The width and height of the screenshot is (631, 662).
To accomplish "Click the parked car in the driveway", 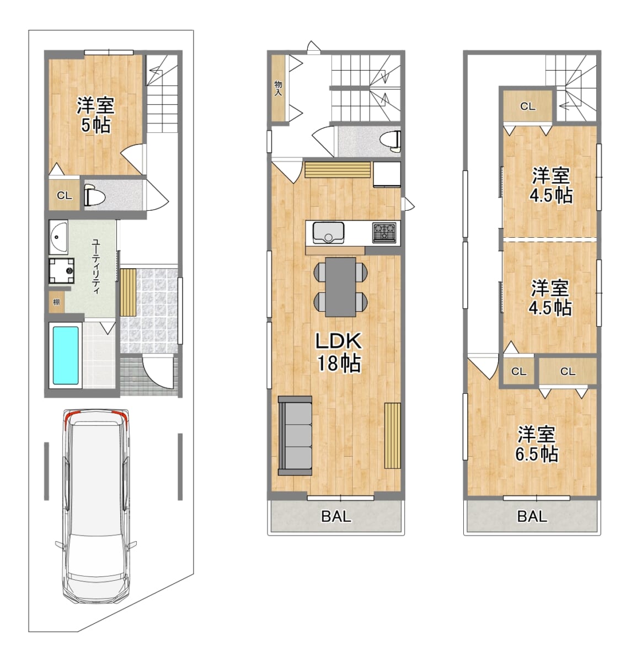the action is pyautogui.click(x=96, y=508).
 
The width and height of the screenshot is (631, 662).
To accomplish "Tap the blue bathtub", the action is pyautogui.click(x=66, y=355).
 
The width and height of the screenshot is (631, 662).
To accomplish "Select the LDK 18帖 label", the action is pyautogui.click(x=339, y=352).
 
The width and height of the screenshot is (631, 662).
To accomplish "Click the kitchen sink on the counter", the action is pyautogui.click(x=328, y=232).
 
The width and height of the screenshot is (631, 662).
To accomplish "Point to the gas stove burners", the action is pyautogui.click(x=384, y=233).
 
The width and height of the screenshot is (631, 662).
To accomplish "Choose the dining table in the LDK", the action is pyautogui.click(x=340, y=287).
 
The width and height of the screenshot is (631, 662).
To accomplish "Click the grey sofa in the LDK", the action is pyautogui.click(x=295, y=436).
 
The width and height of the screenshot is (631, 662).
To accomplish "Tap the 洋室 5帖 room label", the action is pyautogui.click(x=95, y=115).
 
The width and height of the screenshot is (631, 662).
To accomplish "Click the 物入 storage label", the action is pyautogui.click(x=278, y=88).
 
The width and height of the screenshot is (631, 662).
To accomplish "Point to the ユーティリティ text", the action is pyautogui.click(x=96, y=266).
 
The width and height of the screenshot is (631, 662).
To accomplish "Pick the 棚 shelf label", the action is pyautogui.click(x=56, y=302).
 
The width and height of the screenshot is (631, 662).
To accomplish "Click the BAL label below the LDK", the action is pyautogui.click(x=336, y=516).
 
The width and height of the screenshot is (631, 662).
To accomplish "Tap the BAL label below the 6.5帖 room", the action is pyautogui.click(x=532, y=516).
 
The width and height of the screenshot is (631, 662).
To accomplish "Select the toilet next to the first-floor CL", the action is pyautogui.click(x=94, y=195).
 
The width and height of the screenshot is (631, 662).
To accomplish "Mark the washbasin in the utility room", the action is pyautogui.click(x=58, y=237).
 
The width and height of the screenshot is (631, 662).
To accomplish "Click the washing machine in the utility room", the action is pyautogui.click(x=62, y=271).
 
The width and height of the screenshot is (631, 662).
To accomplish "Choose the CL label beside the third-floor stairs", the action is pyautogui.click(x=528, y=106).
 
